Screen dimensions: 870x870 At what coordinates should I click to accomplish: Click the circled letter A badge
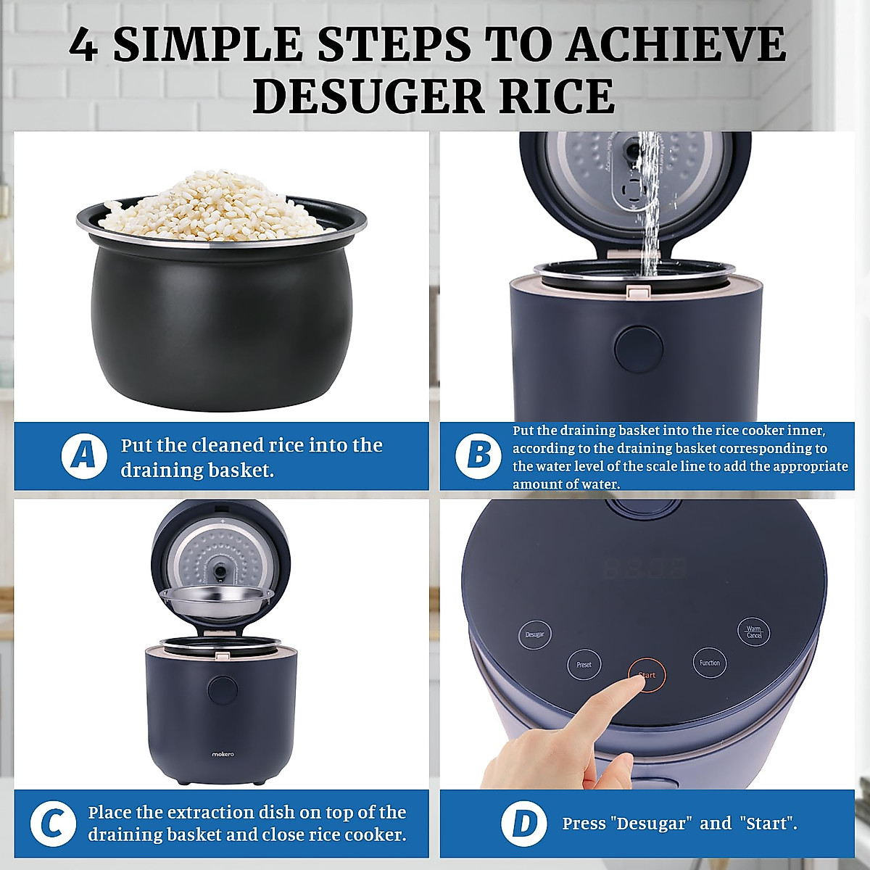click(84, 456)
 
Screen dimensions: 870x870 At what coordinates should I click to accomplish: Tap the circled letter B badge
click(478, 456)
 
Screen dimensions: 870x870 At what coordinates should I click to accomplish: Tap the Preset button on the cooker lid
click(584, 665)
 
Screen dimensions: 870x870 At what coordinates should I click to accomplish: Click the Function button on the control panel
click(710, 663)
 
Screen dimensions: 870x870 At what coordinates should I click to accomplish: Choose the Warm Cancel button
click(753, 631)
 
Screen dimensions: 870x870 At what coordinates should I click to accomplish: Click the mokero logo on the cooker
click(223, 754)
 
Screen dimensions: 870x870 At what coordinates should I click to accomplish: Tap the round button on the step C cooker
click(223, 692)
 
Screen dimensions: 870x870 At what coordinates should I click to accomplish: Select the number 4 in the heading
click(83, 45)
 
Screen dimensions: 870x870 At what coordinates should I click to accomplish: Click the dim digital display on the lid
click(645, 569)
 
